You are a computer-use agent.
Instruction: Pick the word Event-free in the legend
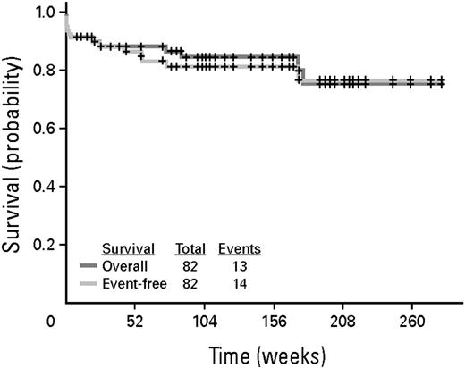(132, 282)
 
